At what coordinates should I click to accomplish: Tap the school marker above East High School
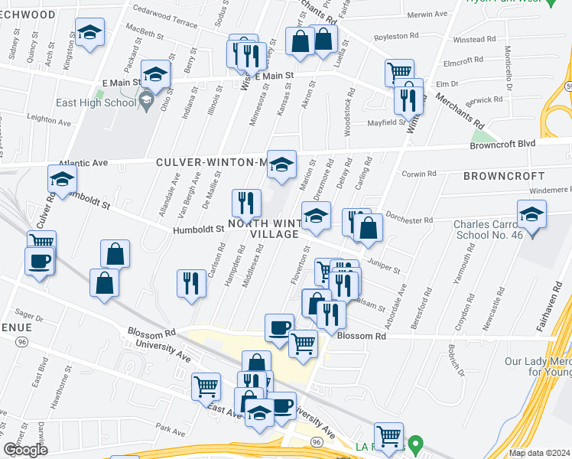(156, 75)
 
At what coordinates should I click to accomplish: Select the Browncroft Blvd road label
(523, 142)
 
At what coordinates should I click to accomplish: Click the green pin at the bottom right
(415, 444)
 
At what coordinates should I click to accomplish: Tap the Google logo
(25, 450)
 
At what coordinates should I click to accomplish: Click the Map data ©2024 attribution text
(539, 453)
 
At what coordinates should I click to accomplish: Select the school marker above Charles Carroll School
(531, 215)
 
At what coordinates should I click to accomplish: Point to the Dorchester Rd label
(409, 220)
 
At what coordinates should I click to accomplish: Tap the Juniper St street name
(384, 264)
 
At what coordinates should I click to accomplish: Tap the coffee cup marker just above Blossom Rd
(279, 327)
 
